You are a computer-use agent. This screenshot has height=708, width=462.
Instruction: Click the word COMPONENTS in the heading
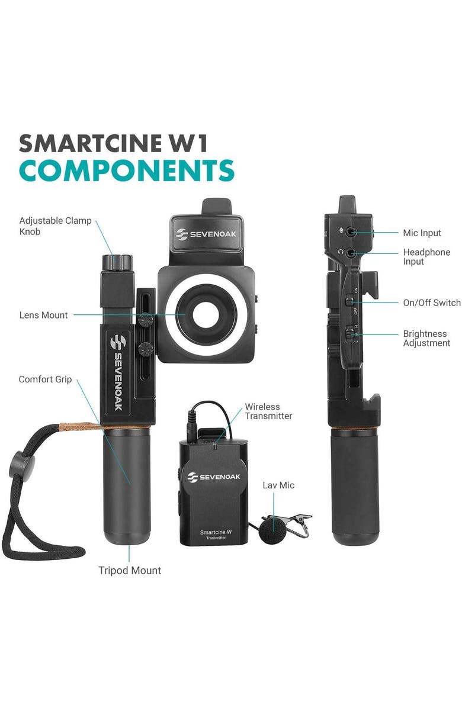tap(127, 170)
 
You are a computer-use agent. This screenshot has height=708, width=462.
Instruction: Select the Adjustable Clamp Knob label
tap(55, 226)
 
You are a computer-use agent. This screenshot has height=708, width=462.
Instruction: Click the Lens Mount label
tap(43, 315)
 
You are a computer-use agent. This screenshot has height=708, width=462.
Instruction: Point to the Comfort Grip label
tap(45, 379)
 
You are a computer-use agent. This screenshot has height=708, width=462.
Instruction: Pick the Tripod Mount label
tap(130, 570)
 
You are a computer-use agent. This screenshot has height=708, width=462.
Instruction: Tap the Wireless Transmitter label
tap(268, 411)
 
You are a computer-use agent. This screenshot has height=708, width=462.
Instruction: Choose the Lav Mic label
tap(278, 485)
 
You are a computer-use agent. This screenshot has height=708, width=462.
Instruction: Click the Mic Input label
tap(422, 233)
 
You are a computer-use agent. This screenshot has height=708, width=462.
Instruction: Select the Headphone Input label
tap(426, 257)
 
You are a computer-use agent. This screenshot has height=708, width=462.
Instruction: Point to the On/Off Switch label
tap(432, 302)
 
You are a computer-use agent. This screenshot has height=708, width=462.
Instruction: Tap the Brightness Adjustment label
tap(426, 339)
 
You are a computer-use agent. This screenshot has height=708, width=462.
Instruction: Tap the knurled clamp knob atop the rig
tap(117, 262)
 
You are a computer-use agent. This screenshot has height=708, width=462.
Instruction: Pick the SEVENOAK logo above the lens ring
tap(205, 234)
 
